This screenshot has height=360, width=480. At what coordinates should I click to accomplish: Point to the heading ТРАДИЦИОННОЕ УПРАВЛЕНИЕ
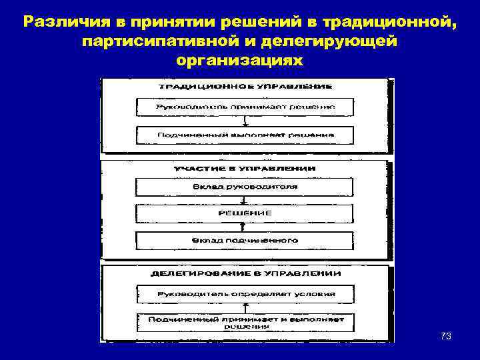(245, 86)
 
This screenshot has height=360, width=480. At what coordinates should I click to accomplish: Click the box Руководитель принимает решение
(245, 107)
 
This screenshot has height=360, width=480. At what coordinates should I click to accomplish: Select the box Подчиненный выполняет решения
(245, 134)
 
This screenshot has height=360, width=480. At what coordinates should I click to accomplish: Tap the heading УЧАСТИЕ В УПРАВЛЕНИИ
(245, 169)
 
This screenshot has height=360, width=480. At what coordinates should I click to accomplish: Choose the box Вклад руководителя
(245, 187)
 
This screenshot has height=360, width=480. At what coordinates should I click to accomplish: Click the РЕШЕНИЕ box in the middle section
(245, 213)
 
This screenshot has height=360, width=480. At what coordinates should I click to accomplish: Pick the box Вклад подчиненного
(245, 239)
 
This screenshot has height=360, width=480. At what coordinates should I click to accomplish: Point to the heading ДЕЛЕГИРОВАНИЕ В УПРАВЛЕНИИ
(245, 274)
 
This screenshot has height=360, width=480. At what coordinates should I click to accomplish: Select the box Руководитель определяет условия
(245, 293)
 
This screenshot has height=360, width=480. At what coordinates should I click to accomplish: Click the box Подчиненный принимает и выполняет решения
(245, 322)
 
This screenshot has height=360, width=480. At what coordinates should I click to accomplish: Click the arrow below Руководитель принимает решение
(245, 121)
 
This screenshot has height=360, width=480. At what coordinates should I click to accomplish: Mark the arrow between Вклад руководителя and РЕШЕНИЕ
(245, 199)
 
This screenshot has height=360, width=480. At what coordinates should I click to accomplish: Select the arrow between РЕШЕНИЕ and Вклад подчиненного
(245, 226)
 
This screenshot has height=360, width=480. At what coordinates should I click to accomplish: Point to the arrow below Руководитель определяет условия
(245, 307)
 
